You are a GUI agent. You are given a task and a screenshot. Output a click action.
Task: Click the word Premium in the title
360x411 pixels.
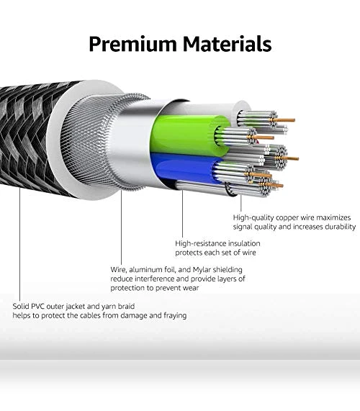pos(133,44)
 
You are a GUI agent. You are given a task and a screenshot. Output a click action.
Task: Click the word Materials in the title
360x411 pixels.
pos(228,43)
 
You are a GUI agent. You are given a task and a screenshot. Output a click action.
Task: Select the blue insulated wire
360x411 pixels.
pos(185,168)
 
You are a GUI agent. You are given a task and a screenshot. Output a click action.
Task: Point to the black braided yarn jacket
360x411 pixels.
pos(29,136)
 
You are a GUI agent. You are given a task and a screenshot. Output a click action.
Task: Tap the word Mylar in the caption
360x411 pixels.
pos(202,270)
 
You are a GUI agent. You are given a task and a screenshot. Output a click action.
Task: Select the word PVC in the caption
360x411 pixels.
pos(38,306)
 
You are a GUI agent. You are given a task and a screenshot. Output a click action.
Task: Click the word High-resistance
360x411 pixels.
pos(201,243)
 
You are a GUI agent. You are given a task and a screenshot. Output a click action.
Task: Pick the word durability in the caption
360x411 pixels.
pos(341,227)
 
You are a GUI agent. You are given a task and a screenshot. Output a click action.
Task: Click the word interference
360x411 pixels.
pos(155,279)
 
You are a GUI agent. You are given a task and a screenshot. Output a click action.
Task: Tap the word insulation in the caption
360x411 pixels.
pos(244,243)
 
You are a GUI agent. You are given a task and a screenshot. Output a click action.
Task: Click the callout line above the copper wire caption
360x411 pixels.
pos(241,203)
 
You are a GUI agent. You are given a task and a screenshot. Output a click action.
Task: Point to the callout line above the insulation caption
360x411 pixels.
pos(182,214)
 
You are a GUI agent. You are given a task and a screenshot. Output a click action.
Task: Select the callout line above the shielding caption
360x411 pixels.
pos(121,227)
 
